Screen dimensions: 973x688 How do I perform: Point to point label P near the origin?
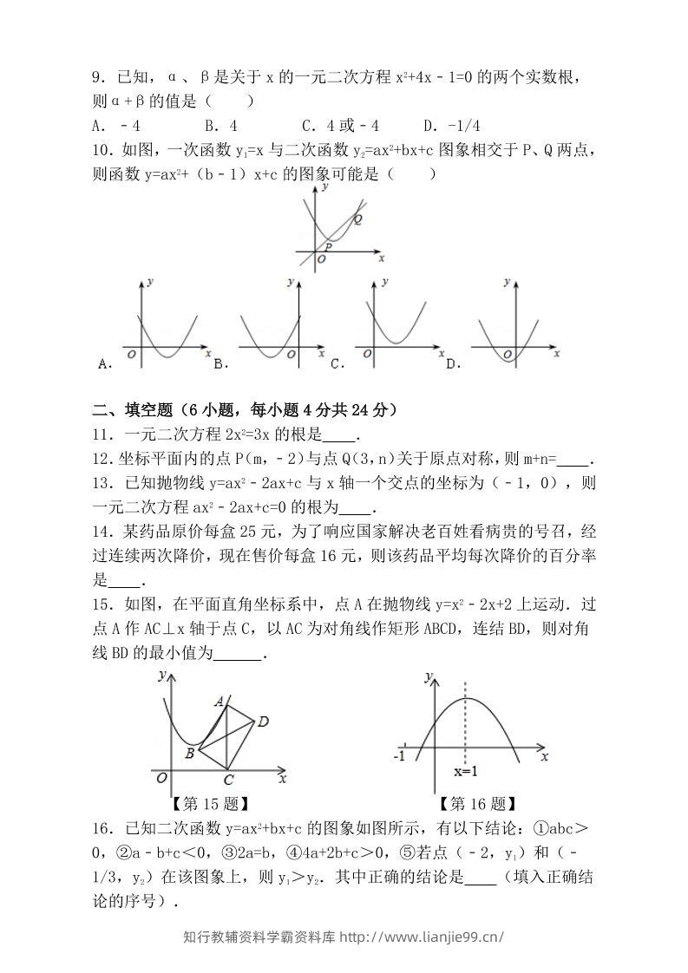(329, 247)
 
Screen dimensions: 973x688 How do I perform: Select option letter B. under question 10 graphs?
(220, 364)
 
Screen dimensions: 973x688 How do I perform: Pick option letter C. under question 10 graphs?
(337, 364)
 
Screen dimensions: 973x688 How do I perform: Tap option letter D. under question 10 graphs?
(452, 364)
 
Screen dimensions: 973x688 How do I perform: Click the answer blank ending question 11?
(344, 437)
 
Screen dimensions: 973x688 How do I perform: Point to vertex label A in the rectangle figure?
(220, 701)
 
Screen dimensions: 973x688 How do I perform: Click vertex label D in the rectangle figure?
(263, 721)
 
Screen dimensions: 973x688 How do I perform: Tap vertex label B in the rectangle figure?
(190, 753)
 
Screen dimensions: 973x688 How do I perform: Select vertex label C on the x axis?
(227, 780)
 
